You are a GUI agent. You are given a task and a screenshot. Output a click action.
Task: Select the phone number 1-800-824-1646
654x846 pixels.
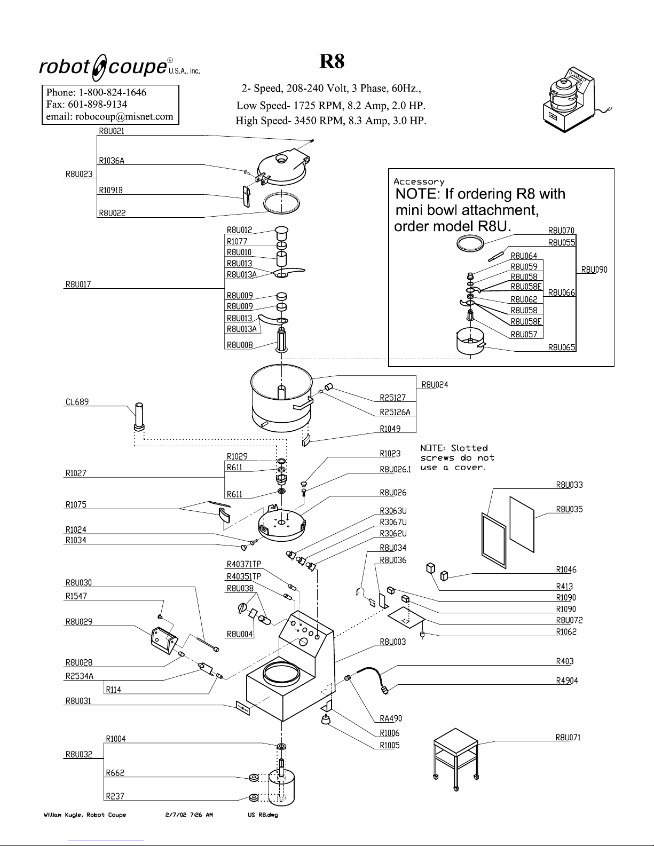point(111,92)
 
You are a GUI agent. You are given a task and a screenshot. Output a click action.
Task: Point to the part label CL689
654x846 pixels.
point(76,402)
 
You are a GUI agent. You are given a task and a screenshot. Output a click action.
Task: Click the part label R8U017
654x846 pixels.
point(78,284)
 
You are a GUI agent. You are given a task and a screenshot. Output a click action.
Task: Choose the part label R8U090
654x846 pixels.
point(594,270)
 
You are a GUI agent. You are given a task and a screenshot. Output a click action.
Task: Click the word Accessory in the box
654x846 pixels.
point(419,182)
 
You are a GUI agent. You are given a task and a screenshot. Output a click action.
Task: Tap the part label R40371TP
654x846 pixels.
point(244,564)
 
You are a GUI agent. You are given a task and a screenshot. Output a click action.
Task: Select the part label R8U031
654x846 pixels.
point(78,701)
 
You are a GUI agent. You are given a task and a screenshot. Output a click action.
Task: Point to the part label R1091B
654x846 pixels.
point(111,190)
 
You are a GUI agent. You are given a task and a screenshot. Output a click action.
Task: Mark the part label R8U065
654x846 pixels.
point(562,347)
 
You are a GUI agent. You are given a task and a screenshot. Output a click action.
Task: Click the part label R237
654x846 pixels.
point(115,796)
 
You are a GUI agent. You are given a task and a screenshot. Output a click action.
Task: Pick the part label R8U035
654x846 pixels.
point(569,509)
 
